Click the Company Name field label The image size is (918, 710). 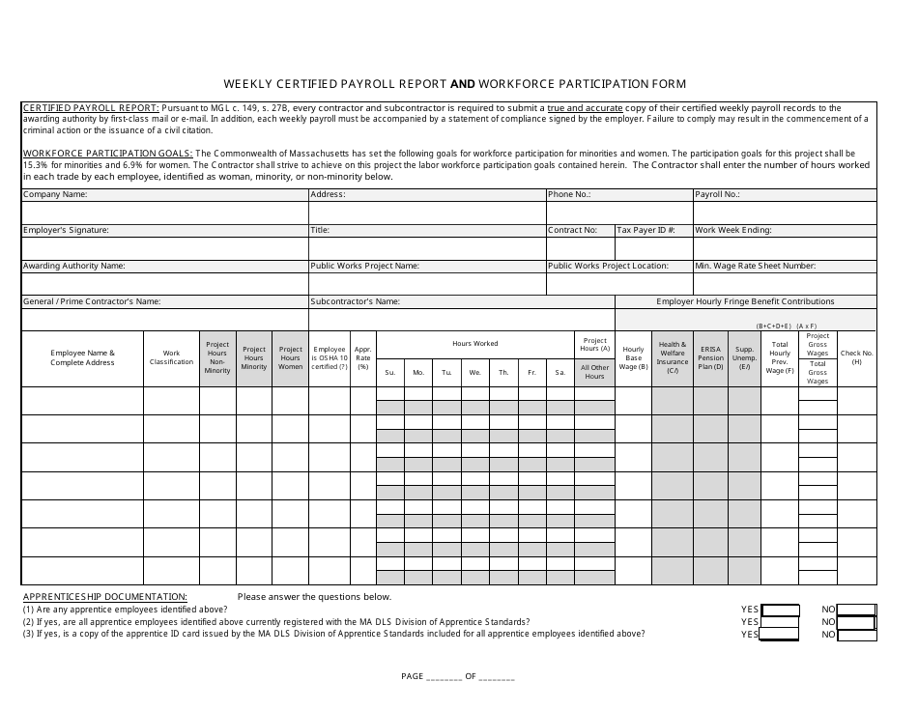(55, 194)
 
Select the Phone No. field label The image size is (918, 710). (569, 194)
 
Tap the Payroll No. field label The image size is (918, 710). (718, 194)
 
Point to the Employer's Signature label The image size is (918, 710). (66, 230)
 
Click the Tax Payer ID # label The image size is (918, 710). (646, 230)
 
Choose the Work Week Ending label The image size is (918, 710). (732, 230)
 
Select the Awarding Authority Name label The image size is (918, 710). (73, 266)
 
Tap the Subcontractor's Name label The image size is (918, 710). (355, 301)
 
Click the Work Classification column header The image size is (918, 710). (171, 357)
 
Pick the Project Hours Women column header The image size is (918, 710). (290, 357)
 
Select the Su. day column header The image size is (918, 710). (390, 372)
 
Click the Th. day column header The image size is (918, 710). (503, 372)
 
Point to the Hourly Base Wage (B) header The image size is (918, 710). (633, 357)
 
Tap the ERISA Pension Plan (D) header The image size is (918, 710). (711, 357)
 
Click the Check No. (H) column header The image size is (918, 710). (856, 357)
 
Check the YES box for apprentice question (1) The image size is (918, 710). (780, 610)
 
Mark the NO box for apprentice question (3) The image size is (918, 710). (856, 635)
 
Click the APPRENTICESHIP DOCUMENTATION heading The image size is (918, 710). (104, 597)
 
